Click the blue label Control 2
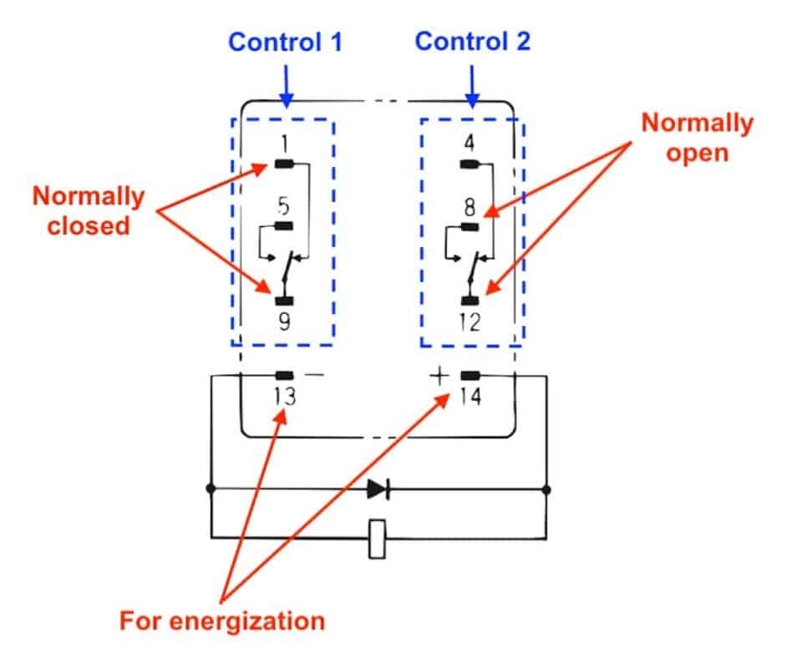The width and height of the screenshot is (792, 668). click(472, 42)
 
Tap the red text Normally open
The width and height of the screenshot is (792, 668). click(697, 139)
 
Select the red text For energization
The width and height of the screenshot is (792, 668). click(221, 621)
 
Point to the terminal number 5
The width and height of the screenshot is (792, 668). click(284, 205)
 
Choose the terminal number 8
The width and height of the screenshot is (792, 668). click(470, 205)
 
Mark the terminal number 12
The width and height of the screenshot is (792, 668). click(470, 321)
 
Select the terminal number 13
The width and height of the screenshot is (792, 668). click(284, 397)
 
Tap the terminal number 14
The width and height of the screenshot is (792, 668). click(470, 397)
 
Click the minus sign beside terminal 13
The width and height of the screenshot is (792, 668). click(314, 376)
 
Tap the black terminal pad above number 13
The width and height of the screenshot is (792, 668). click(284, 376)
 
